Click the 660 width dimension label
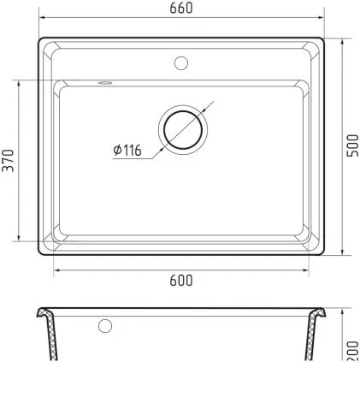pos(181,8)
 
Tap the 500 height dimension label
pos(352,145)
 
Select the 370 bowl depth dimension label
pos(8,160)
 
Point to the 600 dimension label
pos(181,281)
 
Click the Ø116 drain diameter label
pos(127,150)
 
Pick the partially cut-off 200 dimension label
pos(353,351)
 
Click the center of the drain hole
pos(183,130)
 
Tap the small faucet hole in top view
pos(181,63)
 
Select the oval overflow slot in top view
pos(105,83)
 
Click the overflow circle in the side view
pos(105,326)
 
